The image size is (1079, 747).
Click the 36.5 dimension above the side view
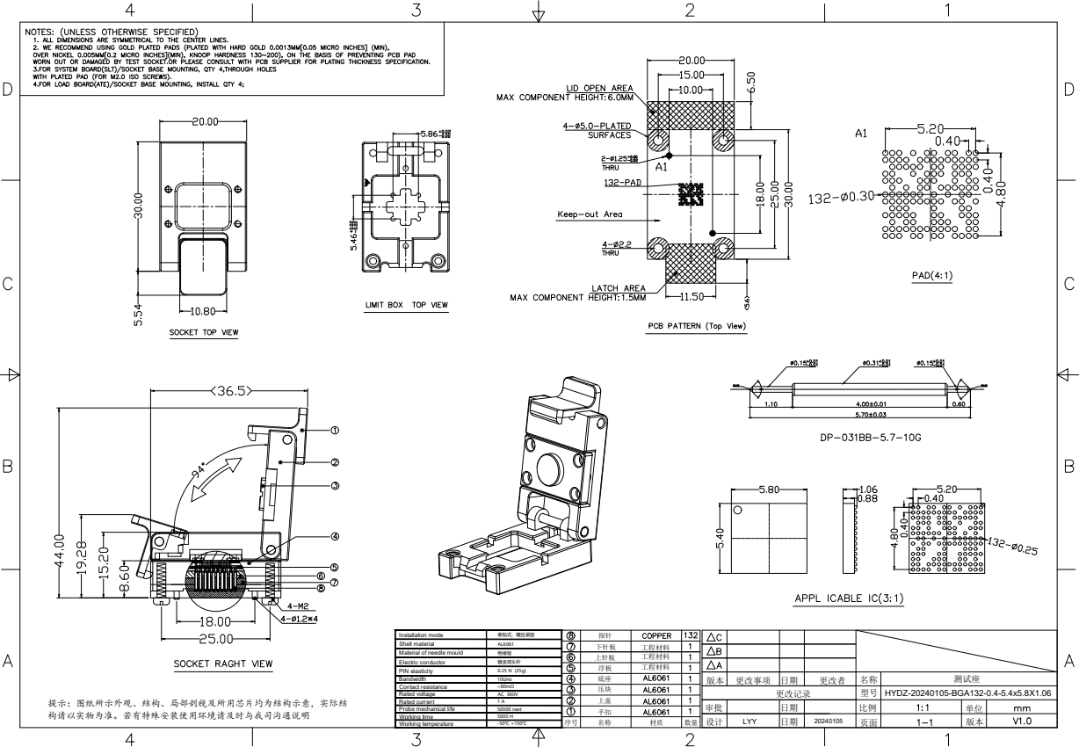(232, 391)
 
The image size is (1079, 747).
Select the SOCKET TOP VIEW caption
(203, 334)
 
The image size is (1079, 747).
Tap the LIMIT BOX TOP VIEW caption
(406, 306)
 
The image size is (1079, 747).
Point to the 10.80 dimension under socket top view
(203, 312)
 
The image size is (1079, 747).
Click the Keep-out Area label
(590, 214)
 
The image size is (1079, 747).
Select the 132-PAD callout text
(622, 183)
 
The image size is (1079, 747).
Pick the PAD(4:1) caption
(933, 276)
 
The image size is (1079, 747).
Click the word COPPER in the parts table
(656, 635)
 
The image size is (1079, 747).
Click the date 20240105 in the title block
(828, 721)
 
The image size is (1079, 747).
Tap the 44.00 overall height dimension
(60, 552)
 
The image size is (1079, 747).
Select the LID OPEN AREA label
(597, 88)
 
